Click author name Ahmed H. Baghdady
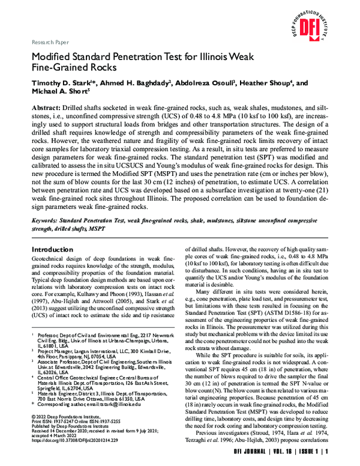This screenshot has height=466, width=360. (131, 83)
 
